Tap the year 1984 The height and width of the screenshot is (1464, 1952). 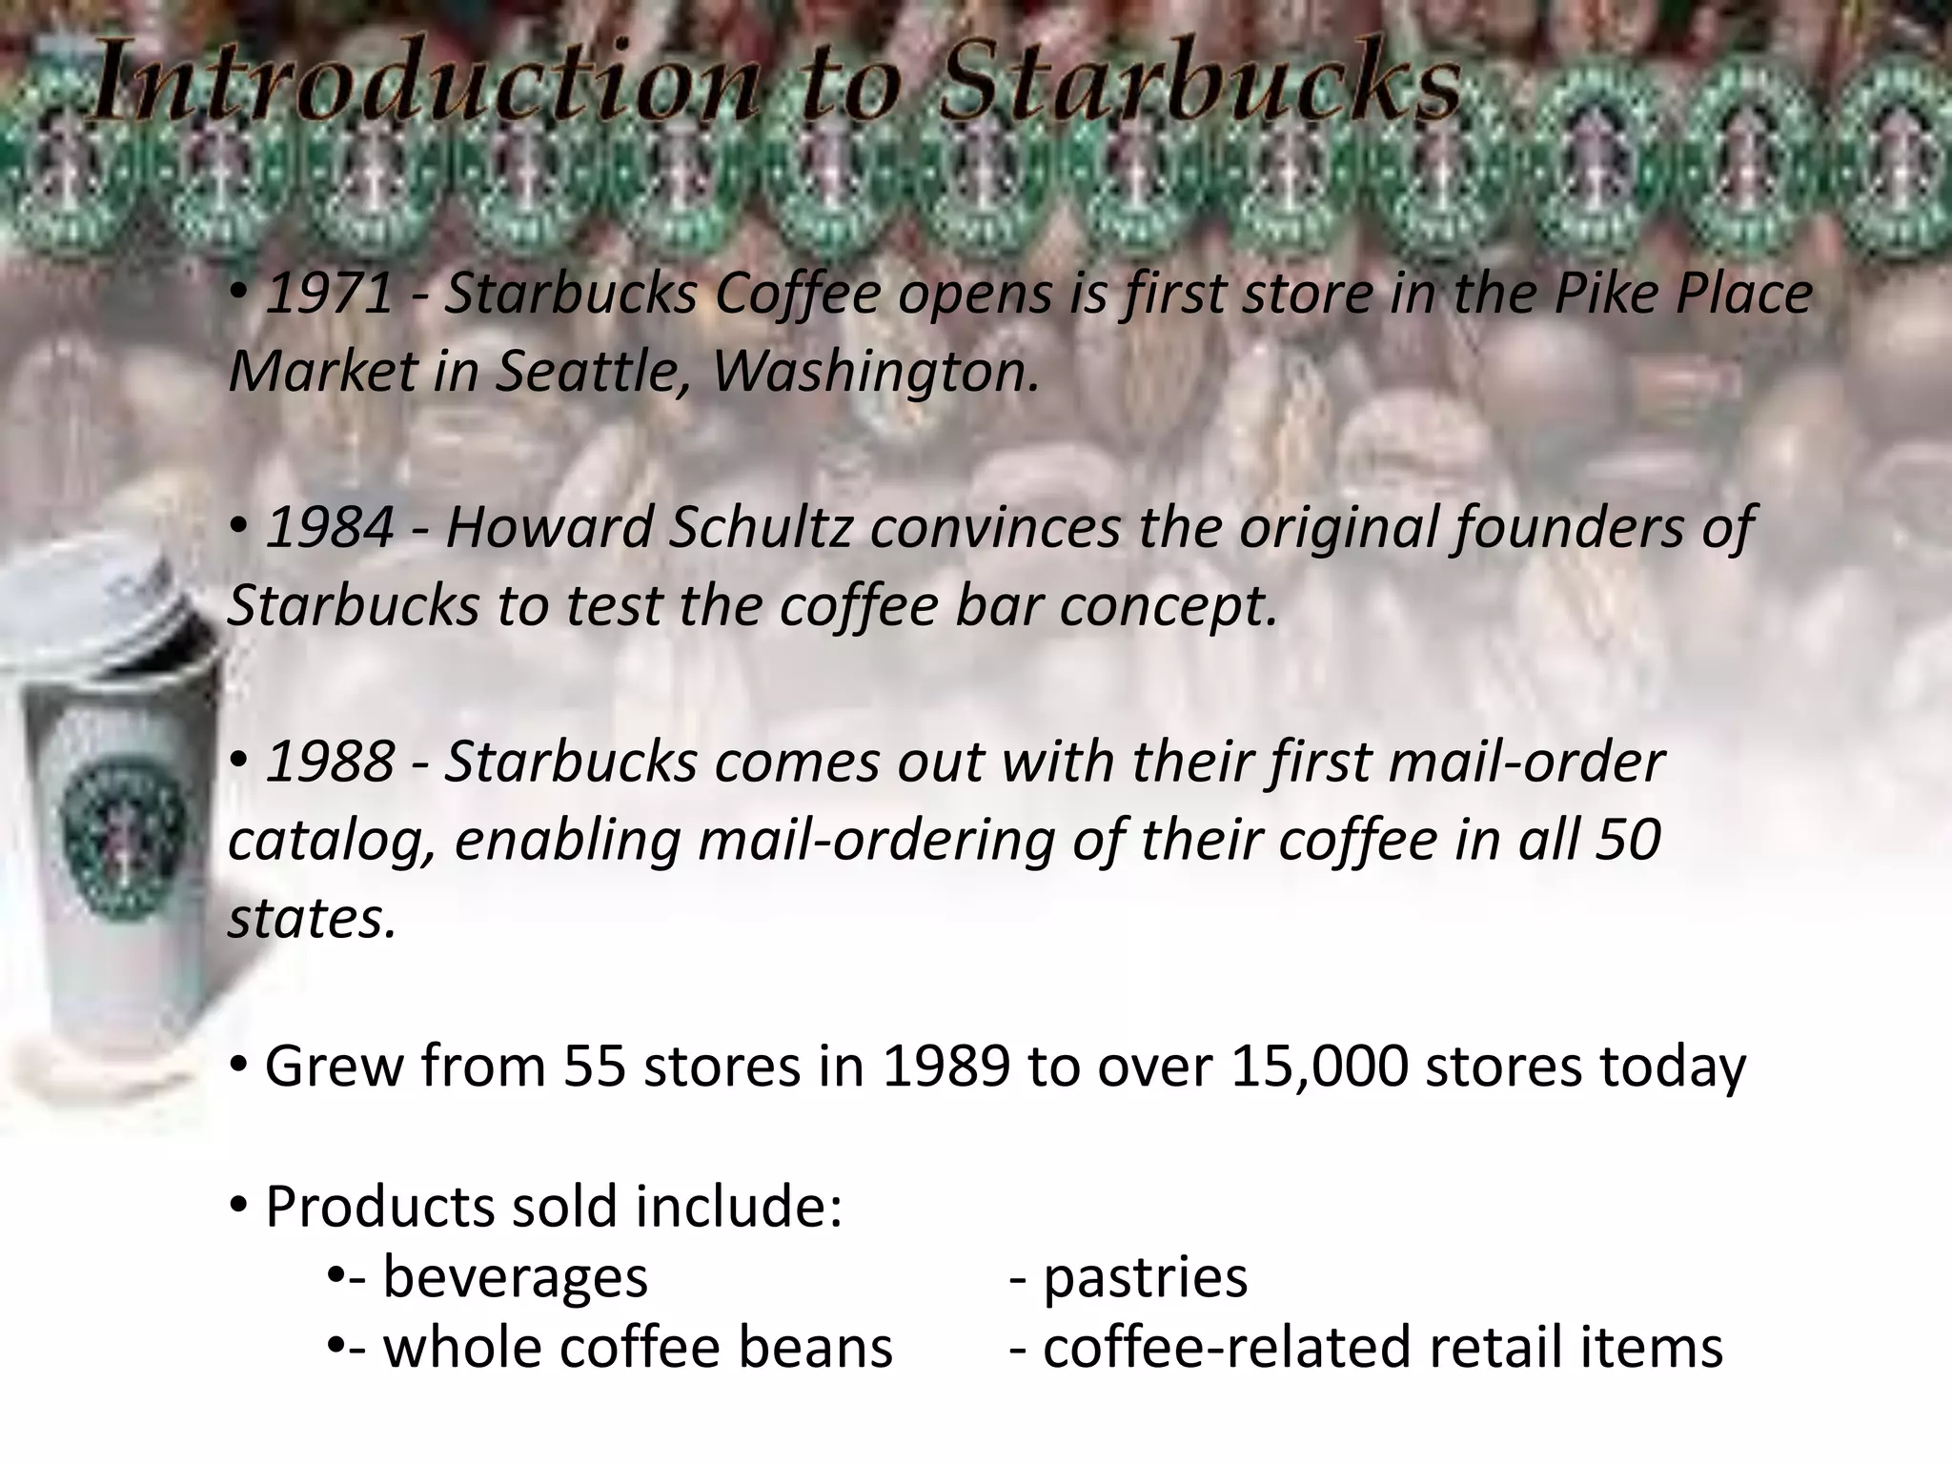pyautogui.click(x=329, y=528)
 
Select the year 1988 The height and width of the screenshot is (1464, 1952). pyautogui.click(x=329, y=762)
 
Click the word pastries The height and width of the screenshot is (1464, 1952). pyautogui.click(x=1145, y=1277)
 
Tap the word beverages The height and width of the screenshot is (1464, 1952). pyautogui.click(x=515, y=1277)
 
